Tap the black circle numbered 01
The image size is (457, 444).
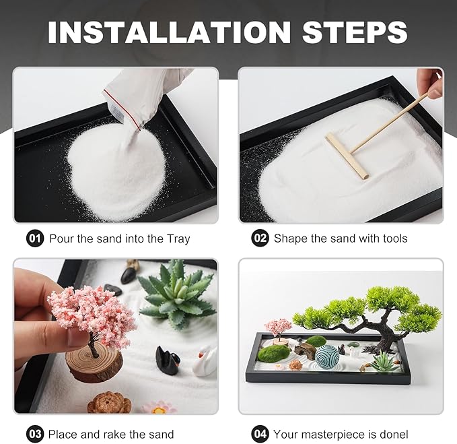click(35, 239)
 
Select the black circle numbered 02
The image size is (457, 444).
click(260, 239)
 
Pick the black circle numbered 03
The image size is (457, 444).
click(35, 433)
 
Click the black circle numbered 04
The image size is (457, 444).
click(260, 433)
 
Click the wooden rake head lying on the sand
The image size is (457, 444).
click(347, 156)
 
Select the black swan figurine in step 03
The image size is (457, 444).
click(167, 360)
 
